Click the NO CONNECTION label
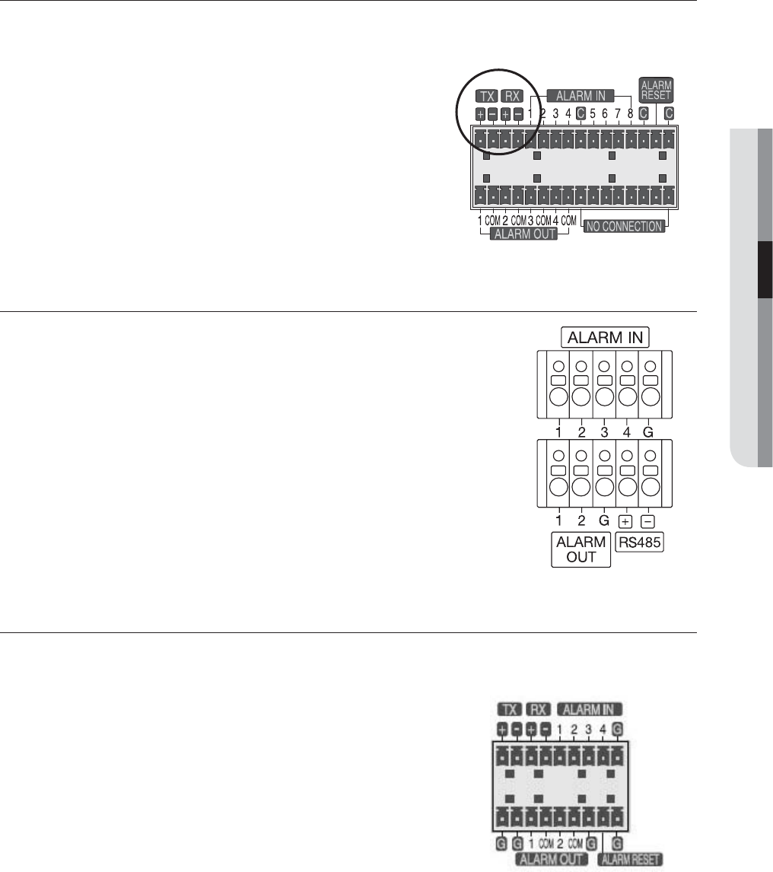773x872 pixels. coord(624,226)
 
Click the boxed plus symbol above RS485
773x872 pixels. coord(626,522)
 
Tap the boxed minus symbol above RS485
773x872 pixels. coord(649,522)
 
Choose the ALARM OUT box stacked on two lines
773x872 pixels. coord(581,550)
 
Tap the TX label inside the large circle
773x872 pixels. coord(485,97)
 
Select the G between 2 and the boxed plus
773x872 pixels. coord(603,522)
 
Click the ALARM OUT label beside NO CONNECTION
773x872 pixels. coord(525,235)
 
